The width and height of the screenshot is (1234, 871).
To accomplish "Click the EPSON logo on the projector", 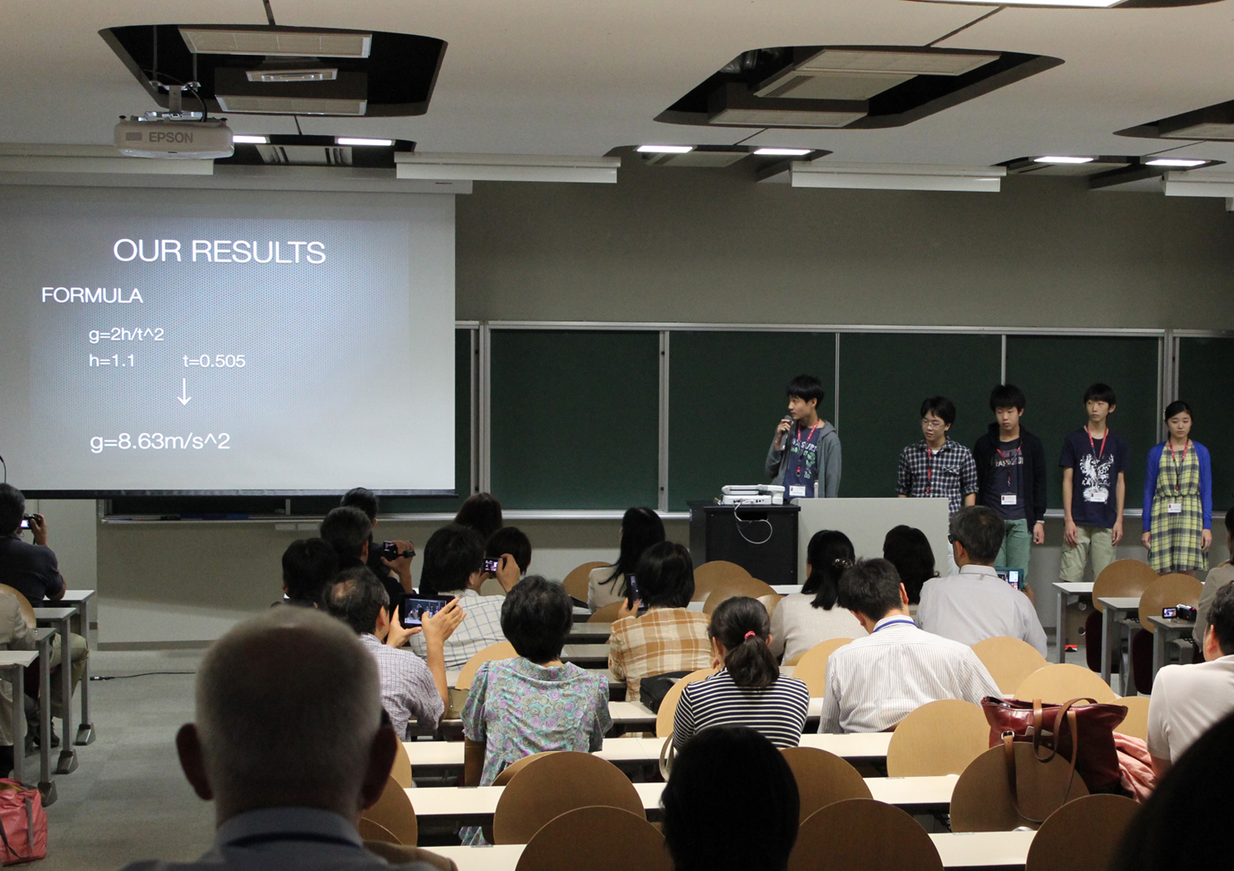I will tap(170, 138).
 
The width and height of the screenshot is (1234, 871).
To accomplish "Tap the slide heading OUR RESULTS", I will tap(219, 252).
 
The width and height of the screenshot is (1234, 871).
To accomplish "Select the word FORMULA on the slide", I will tap(92, 295).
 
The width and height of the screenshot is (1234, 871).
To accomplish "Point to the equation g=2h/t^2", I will tap(126, 335).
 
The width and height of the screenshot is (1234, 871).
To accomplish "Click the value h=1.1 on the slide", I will tap(112, 361).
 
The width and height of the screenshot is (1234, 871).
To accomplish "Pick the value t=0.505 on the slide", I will tap(214, 361).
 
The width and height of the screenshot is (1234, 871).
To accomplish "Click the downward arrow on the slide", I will tap(184, 392).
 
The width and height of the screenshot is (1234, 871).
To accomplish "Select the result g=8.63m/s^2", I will tap(160, 441).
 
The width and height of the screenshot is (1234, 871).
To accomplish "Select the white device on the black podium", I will tap(752, 493).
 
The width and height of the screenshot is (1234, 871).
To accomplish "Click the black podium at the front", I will tap(751, 542).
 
